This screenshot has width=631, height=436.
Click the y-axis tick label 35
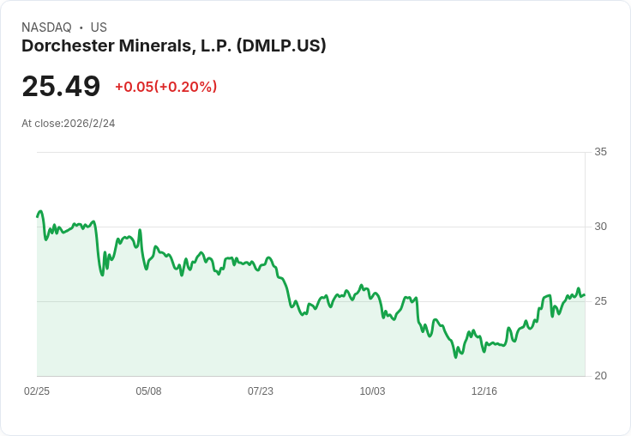(x=600, y=152)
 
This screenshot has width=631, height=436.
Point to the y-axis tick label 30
(x=600, y=227)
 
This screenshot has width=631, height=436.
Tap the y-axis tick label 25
(x=600, y=301)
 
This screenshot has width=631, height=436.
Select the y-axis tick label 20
(x=600, y=376)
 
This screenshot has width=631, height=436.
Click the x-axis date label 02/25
(x=37, y=391)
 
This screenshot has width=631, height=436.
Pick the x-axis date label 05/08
(x=148, y=391)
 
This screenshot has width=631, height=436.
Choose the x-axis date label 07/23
(x=261, y=391)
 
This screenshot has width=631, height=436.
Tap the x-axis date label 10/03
(x=372, y=391)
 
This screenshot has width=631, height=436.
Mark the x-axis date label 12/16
(x=484, y=391)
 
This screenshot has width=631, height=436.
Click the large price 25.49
(x=61, y=86)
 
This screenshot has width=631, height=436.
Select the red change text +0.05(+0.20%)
(x=165, y=87)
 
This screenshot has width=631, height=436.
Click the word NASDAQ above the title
(x=46, y=27)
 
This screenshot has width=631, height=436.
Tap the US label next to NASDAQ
(x=99, y=27)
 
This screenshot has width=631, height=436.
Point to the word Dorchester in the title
(x=68, y=45)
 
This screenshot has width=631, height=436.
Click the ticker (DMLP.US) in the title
(x=281, y=45)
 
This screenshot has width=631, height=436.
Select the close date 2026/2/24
(x=89, y=124)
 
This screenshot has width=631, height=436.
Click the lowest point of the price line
(x=455, y=357)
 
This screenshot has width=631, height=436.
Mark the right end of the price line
(x=585, y=295)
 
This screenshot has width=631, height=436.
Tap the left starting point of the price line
(x=38, y=217)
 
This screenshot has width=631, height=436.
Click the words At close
(x=41, y=124)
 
